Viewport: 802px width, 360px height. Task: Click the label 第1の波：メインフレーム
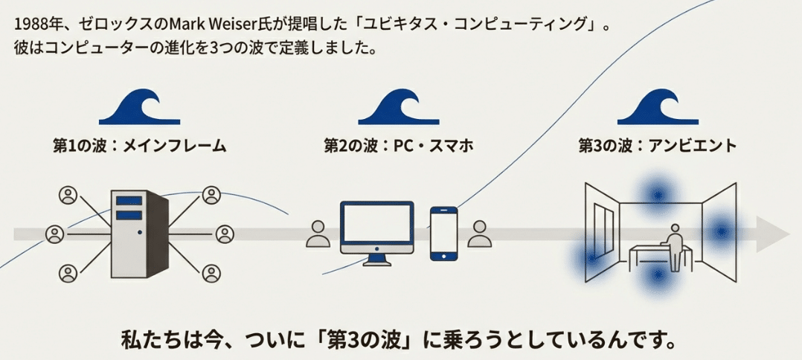click(x=139, y=145)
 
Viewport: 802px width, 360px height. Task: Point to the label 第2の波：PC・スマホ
click(x=399, y=145)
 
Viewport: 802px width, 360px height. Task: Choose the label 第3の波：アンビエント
click(x=658, y=145)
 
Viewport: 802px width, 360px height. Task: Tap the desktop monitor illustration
click(x=376, y=226)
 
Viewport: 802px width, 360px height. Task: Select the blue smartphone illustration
click(x=443, y=233)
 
